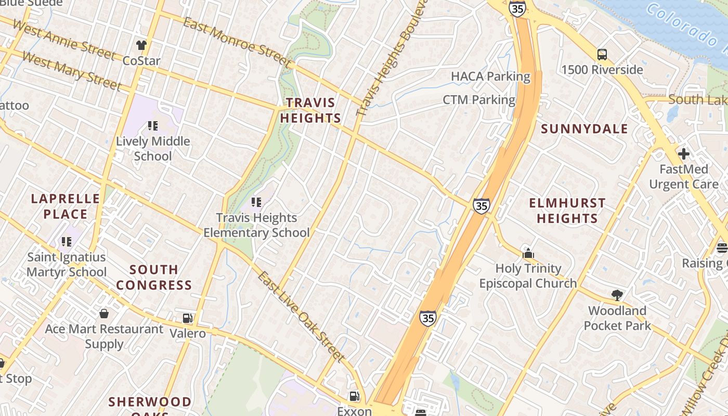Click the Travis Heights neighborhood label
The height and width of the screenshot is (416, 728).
[x=310, y=110]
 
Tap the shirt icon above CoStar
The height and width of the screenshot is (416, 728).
[x=141, y=45]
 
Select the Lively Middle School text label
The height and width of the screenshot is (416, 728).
[x=153, y=149]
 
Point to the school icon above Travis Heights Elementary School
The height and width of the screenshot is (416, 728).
[x=256, y=202]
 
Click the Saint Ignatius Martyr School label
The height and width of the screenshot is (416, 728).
[x=67, y=264]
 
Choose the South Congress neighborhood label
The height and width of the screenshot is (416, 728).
[x=154, y=277]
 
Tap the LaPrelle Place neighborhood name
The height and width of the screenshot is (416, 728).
[x=66, y=206]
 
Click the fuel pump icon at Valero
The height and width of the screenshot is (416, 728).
[x=188, y=318]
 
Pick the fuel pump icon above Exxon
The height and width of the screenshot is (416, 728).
[x=355, y=396]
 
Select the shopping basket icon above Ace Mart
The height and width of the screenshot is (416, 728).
[x=104, y=314]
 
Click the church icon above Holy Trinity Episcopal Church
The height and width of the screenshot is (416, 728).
[x=528, y=253]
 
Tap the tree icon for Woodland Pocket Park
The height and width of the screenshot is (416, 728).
[x=617, y=295]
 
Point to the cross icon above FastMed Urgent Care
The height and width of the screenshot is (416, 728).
[x=684, y=154]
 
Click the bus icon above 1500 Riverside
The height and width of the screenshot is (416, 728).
[x=602, y=54]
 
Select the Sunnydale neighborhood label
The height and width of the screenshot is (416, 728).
[x=584, y=129]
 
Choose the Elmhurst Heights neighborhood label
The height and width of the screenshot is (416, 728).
[x=567, y=211]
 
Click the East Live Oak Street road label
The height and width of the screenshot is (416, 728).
[x=301, y=316]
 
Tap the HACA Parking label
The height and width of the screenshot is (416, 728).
[x=490, y=76]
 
